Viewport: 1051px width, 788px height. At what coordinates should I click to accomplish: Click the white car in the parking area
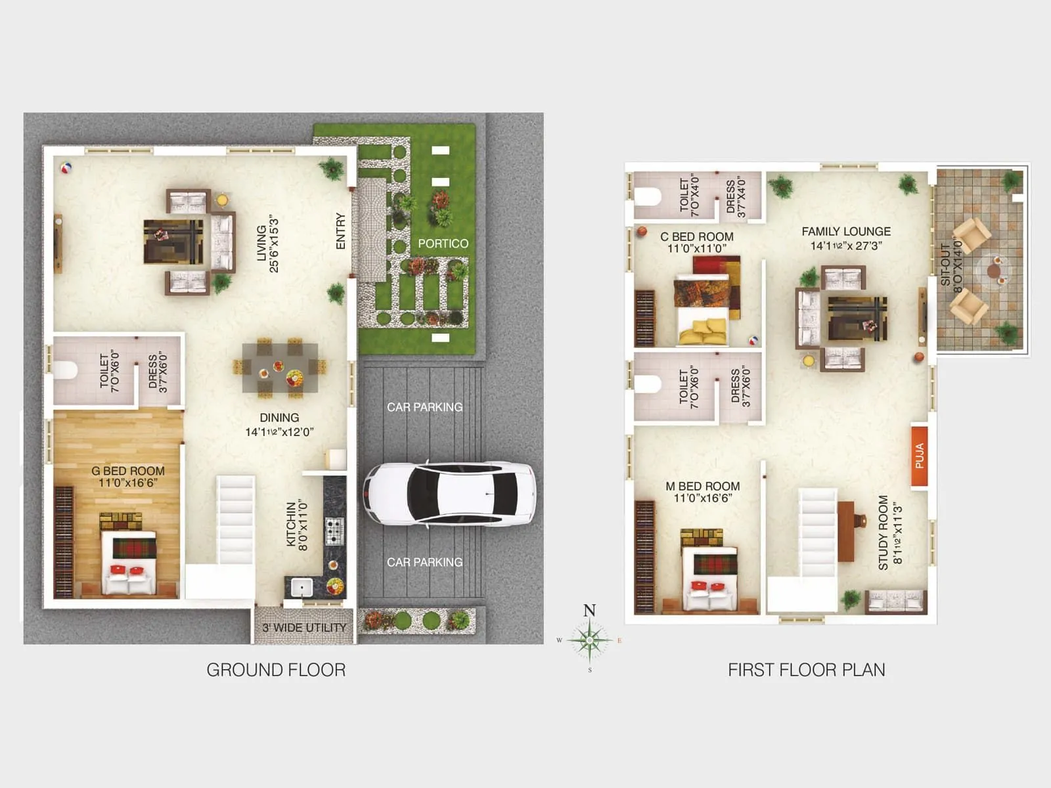(x=449, y=494)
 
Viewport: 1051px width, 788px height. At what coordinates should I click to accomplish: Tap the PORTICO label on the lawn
(x=443, y=244)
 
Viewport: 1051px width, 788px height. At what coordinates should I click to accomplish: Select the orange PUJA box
(x=919, y=456)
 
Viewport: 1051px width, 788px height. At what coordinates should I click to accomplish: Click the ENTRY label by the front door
(x=340, y=230)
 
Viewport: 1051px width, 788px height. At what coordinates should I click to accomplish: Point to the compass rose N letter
(x=589, y=611)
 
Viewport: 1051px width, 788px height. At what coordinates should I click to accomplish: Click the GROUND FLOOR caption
(x=276, y=670)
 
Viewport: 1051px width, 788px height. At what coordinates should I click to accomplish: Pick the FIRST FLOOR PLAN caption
(x=806, y=670)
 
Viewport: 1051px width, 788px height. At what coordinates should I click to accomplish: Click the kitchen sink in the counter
(x=302, y=586)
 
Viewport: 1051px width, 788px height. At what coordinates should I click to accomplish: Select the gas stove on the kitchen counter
(x=334, y=531)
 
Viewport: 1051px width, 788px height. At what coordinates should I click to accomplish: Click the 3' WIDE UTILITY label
(x=304, y=628)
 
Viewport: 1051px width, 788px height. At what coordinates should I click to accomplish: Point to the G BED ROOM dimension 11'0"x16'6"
(x=128, y=483)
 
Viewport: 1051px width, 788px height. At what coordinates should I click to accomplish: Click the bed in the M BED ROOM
(x=709, y=578)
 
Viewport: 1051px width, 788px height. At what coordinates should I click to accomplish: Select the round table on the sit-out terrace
(x=993, y=270)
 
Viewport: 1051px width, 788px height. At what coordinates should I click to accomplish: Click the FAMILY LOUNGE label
(x=846, y=232)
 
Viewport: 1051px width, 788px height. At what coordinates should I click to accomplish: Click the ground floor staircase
(x=235, y=519)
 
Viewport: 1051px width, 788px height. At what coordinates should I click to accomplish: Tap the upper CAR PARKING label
(x=424, y=407)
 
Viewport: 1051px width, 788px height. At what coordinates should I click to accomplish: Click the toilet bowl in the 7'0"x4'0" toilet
(x=648, y=196)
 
